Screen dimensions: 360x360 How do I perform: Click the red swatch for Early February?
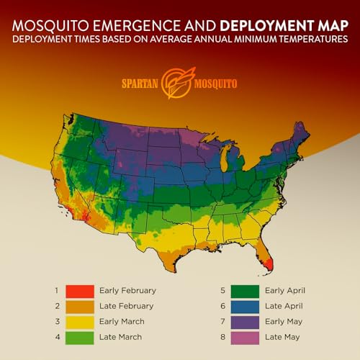pos(79,291)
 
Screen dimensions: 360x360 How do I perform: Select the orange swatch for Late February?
pos(79,306)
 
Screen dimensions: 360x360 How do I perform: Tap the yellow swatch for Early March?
pos(79,321)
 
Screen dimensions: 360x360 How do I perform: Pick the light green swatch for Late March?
pos(79,336)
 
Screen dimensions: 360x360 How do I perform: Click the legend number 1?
pos(56,291)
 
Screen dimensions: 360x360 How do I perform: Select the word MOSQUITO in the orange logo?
pos(213,84)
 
